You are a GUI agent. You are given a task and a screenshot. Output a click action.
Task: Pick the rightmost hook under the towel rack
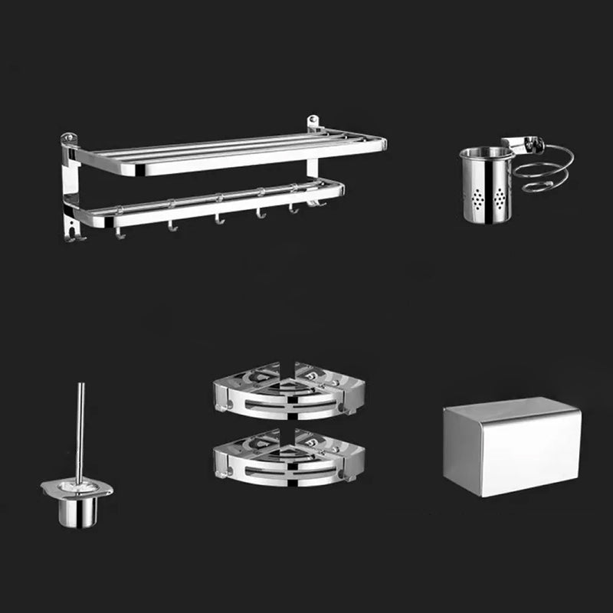[313, 203]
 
